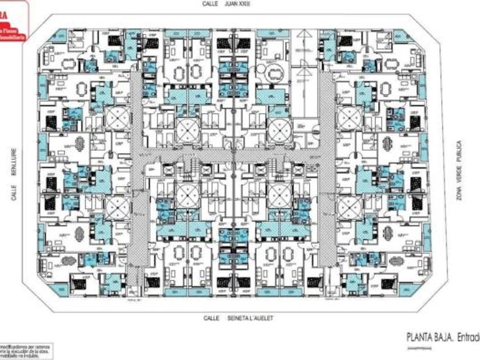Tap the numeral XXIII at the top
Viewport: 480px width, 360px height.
coord(246,3)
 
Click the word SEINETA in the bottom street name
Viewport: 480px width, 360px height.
coord(236,318)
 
